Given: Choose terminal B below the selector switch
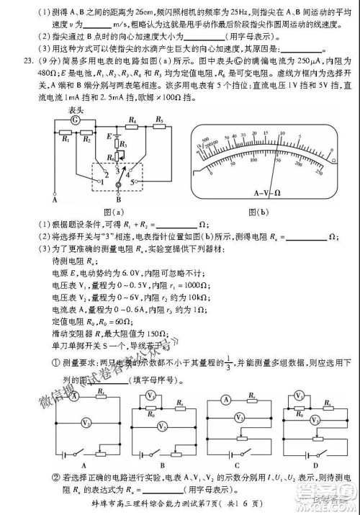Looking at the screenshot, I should (117, 200).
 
